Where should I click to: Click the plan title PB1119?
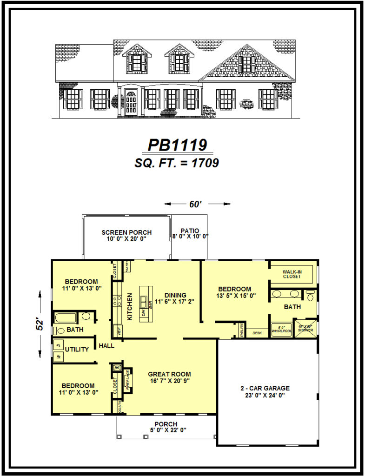click(x=177, y=145)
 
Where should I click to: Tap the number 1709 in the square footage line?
click(x=201, y=163)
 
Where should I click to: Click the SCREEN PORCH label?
click(x=126, y=232)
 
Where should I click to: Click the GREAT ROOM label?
click(x=169, y=374)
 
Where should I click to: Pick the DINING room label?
click(x=175, y=295)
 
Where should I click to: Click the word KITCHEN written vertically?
click(x=130, y=307)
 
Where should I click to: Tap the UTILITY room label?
click(x=77, y=349)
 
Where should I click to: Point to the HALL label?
click(x=106, y=345)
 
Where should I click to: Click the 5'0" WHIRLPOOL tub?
click(x=281, y=329)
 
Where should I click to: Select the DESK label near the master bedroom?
click(x=257, y=333)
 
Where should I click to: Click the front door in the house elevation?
click(x=132, y=102)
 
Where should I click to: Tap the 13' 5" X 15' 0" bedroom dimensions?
click(x=234, y=296)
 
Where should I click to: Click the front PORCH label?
click(x=166, y=424)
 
